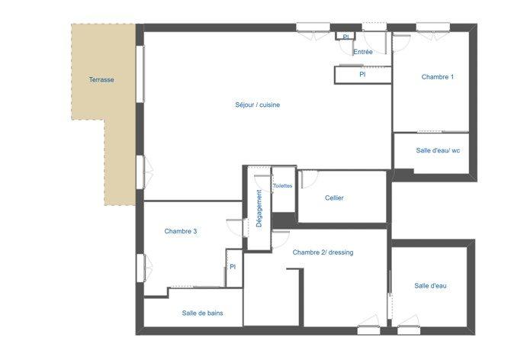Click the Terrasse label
(x=101, y=80)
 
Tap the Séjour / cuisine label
(x=257, y=104)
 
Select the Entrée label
(x=363, y=52)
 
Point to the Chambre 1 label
(x=438, y=77)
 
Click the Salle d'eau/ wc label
(x=438, y=150)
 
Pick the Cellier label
(x=334, y=198)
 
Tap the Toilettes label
(x=282, y=186)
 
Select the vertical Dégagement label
(x=259, y=208)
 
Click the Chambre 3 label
(x=181, y=231)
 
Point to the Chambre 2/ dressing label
(x=323, y=252)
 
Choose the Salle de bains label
(x=202, y=313)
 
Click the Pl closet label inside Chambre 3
(x=233, y=267)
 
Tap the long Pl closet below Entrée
(x=362, y=75)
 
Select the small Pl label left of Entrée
(x=345, y=37)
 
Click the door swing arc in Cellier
(x=307, y=180)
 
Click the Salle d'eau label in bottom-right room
(x=431, y=286)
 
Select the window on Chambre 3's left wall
(x=140, y=268)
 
